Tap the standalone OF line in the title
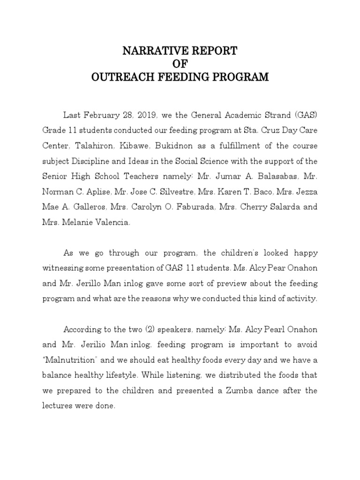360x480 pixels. [180, 64]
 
